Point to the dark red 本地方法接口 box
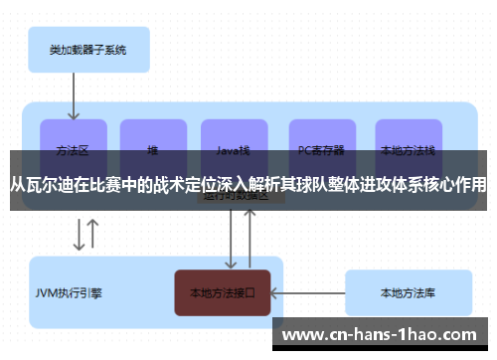click(x=223, y=293)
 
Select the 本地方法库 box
click(x=408, y=293)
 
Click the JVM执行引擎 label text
click(x=69, y=293)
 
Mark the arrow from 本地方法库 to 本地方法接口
click(x=307, y=293)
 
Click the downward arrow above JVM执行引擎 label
click(x=78, y=236)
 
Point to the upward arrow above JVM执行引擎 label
click(x=93, y=234)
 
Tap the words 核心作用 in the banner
click(x=457, y=185)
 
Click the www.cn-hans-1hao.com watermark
click(x=387, y=334)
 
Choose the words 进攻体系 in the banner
click(x=393, y=185)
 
